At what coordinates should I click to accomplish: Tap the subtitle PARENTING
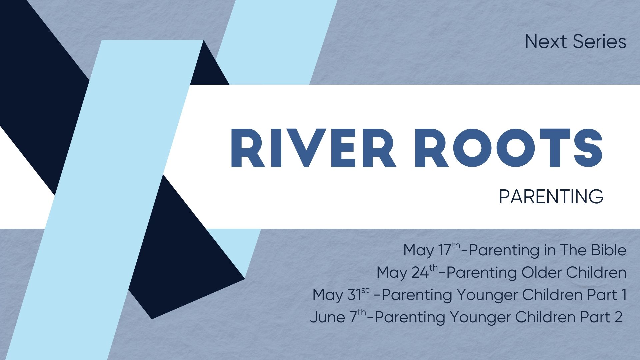pyautogui.click(x=551, y=197)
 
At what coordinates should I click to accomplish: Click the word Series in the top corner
pyautogui.click(x=599, y=42)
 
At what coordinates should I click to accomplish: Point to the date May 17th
pyautogui.click(x=432, y=250)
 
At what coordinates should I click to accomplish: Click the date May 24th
pyautogui.click(x=407, y=272)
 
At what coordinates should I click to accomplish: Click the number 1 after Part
pyautogui.click(x=623, y=295)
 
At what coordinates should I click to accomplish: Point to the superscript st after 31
pyautogui.click(x=365, y=290)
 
